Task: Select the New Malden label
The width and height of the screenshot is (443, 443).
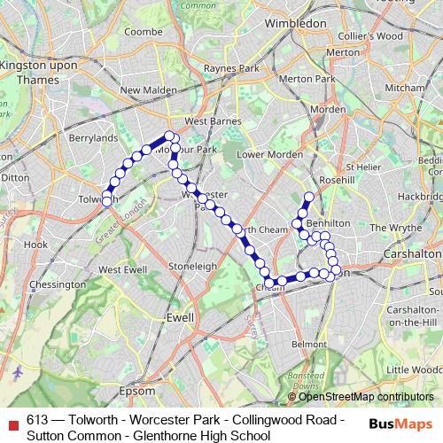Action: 144,89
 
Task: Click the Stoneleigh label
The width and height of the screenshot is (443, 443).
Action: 193,265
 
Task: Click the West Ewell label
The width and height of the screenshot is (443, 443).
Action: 123,269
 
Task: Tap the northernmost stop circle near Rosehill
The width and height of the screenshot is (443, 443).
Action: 309,197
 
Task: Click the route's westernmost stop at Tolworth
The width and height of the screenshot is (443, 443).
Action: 106,201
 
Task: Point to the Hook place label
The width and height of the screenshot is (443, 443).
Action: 36,244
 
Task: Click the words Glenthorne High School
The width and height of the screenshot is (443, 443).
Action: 204,434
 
